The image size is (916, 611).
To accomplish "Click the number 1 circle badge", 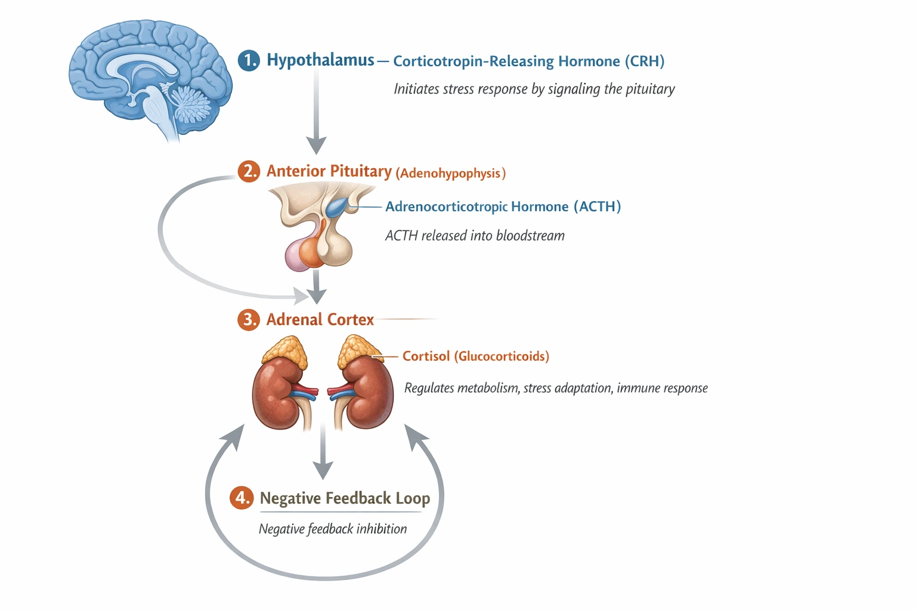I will point(249,60).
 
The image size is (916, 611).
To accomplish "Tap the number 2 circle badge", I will point(249,171).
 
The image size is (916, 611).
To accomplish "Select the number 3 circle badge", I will point(249,320).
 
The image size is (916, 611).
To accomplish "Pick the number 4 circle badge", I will point(242,498).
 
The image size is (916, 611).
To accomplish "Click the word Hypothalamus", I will point(320,60).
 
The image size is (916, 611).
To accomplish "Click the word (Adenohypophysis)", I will point(450,174).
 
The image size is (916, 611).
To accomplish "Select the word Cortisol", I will point(426,356).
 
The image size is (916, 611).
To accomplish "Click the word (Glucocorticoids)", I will point(502,356).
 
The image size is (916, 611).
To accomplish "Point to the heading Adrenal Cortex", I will point(320,320).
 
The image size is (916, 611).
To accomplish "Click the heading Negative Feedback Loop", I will point(345,498).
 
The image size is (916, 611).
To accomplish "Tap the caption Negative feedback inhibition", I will point(332,529).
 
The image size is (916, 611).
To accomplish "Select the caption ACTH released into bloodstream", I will point(475,236).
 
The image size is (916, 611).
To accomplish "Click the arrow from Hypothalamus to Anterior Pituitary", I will point(316,113).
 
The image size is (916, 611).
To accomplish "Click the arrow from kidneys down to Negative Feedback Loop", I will point(323,453).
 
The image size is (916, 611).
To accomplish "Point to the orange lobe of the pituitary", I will point(311,251).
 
